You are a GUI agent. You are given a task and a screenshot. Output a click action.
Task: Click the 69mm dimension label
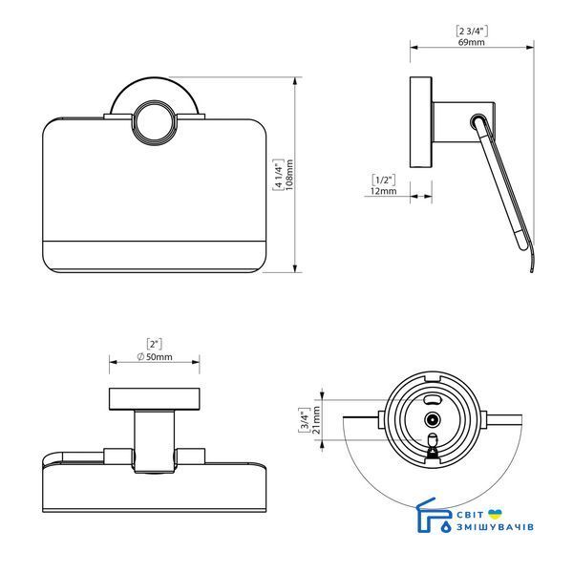pyautogui.click(x=472, y=42)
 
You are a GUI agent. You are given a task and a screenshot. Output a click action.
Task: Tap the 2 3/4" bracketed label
pyautogui.click(x=472, y=32)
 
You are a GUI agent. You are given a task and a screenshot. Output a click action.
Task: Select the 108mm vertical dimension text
pyautogui.click(x=289, y=175)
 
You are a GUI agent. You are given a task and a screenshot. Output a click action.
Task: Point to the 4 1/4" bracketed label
pyautogui.click(x=279, y=175)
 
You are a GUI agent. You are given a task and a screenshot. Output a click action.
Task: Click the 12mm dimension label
pyautogui.click(x=383, y=191)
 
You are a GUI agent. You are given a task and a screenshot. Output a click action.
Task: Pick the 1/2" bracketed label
pyautogui.click(x=384, y=180)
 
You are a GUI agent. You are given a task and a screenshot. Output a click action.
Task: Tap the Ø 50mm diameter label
pyautogui.click(x=155, y=356)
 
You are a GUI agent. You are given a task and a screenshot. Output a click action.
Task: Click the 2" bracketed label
pyautogui.click(x=154, y=344)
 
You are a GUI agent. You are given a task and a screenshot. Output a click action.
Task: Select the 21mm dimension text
pyautogui.click(x=316, y=420)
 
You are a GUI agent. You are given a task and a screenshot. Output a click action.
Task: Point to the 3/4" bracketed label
pyautogui.click(x=305, y=420)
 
